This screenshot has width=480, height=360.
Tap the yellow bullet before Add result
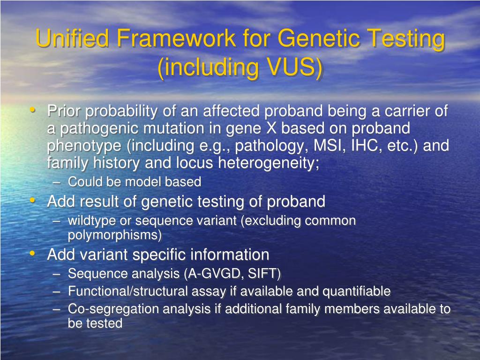click(x=32, y=201)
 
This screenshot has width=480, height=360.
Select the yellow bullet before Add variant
click(x=32, y=254)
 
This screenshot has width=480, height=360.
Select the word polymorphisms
click(x=115, y=235)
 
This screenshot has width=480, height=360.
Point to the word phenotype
click(x=84, y=146)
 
